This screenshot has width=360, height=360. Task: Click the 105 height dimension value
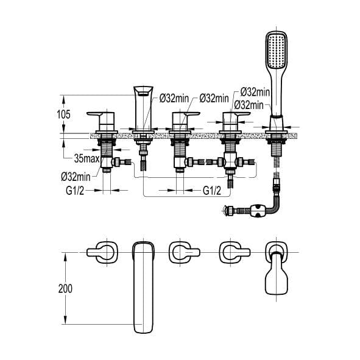pyautogui.click(x=71, y=115)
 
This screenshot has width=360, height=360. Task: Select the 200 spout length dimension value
pyautogui.click(x=72, y=288)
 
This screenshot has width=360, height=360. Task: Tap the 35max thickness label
pyautogui.click(x=86, y=158)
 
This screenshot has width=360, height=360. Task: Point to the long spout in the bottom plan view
pyautogui.click(x=143, y=286)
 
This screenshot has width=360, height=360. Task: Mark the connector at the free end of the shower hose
pyautogui.click(x=229, y=211)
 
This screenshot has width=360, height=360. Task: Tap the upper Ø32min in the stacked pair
pyautogui.click(x=255, y=91)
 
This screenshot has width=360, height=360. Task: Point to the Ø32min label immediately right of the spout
pyautogui.click(x=175, y=98)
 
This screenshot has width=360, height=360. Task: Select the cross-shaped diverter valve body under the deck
pyautogui.click(x=230, y=163)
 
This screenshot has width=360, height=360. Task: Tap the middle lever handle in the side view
pyautogui.click(x=184, y=117)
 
